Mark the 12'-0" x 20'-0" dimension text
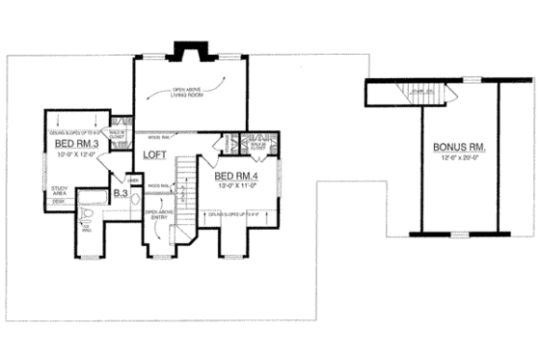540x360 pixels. [x=461, y=156]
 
